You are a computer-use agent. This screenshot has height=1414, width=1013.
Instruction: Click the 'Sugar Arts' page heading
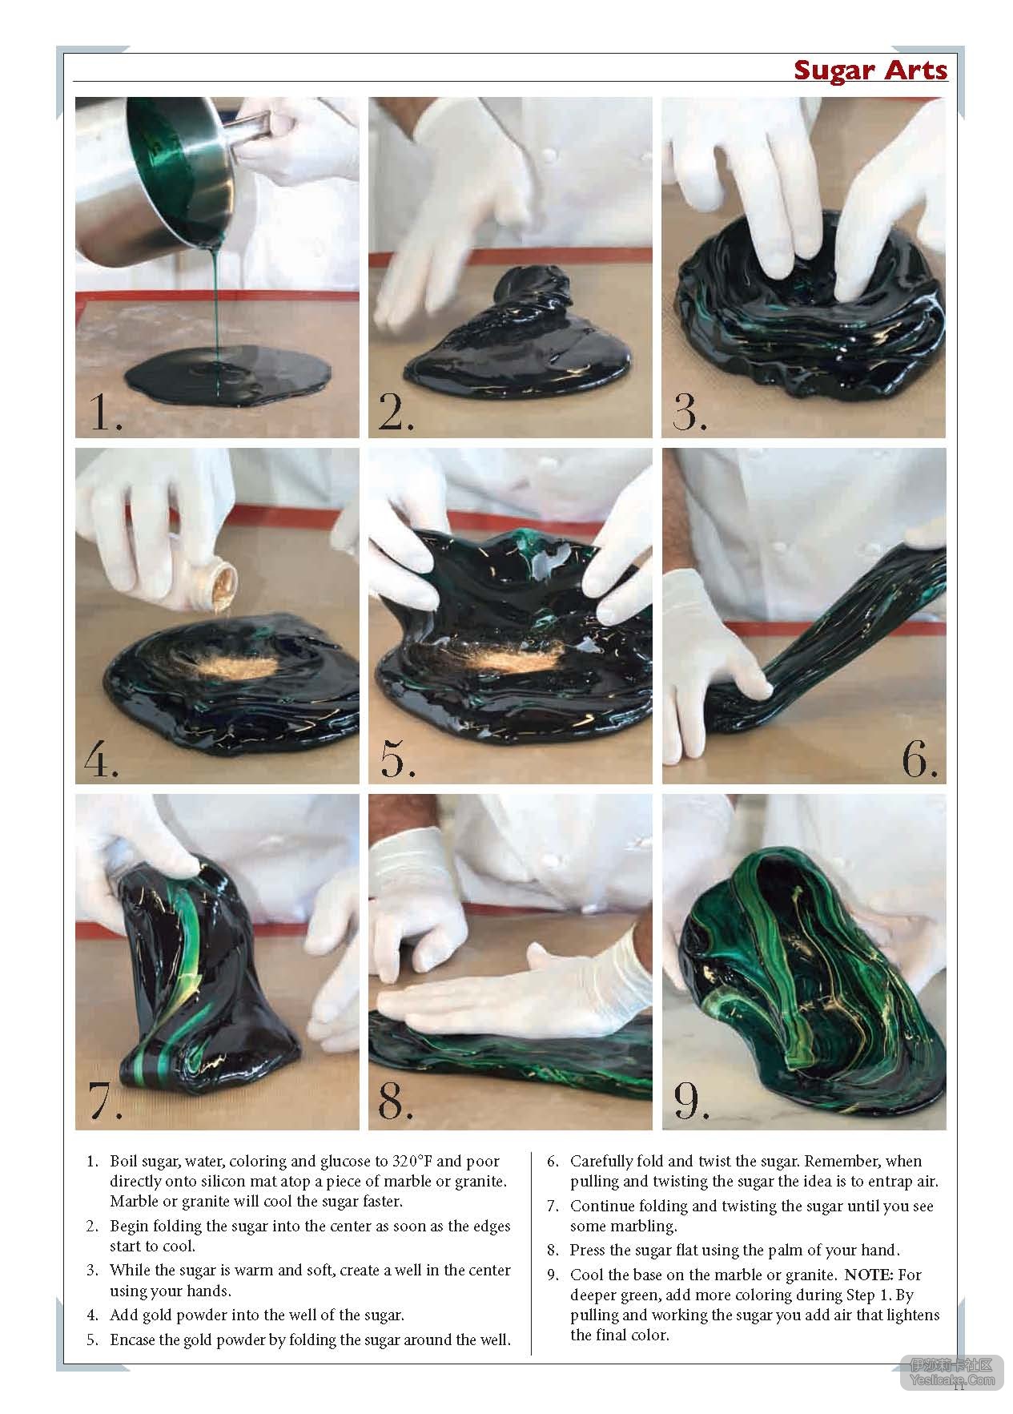coord(870,70)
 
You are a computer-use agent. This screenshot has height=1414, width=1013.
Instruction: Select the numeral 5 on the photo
coord(396,758)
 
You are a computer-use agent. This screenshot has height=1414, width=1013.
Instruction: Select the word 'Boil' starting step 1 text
coord(123,1161)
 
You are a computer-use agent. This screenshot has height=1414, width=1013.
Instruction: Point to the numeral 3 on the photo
coord(689,412)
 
